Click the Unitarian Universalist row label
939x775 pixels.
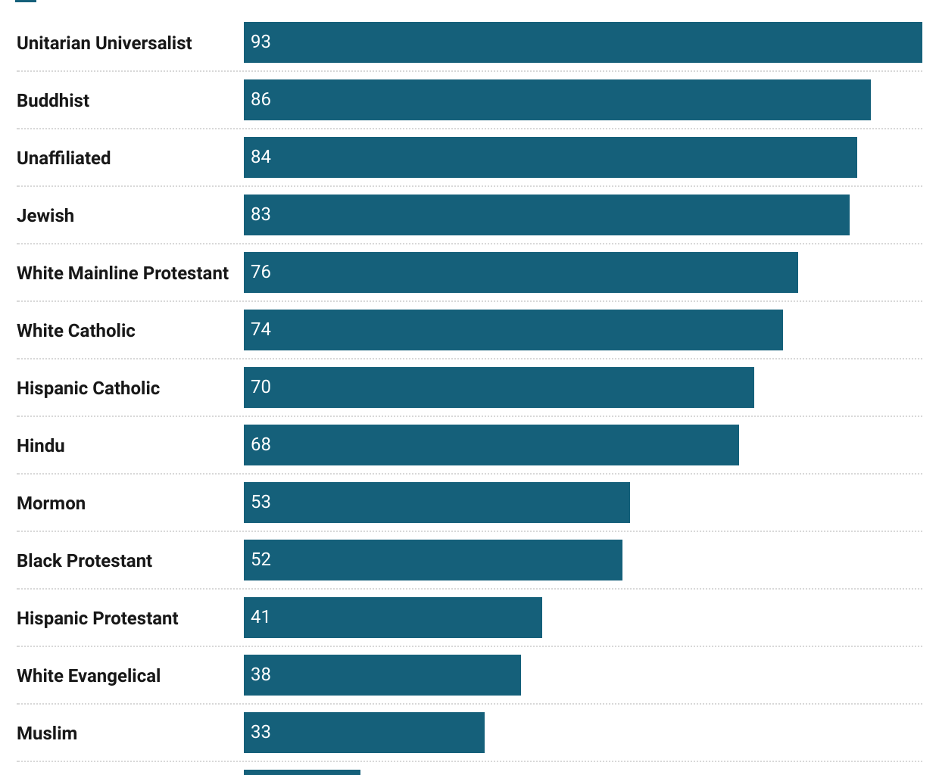click(x=105, y=43)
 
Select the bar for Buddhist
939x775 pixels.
click(x=557, y=100)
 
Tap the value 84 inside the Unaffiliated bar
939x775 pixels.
click(x=260, y=157)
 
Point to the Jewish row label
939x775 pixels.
click(x=45, y=216)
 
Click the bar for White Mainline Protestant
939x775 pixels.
click(x=520, y=272)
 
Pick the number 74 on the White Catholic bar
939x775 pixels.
click(x=260, y=329)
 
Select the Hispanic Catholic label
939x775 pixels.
click(x=88, y=388)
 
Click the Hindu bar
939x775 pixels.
click(x=491, y=445)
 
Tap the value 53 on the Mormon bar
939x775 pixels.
click(x=260, y=502)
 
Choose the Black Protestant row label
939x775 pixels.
click(x=84, y=561)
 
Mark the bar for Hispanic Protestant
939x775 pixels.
click(x=392, y=618)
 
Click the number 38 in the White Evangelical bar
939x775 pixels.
click(x=260, y=674)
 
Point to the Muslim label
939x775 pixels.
click(x=47, y=733)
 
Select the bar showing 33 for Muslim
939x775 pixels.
click(x=363, y=733)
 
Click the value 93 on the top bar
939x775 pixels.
click(x=260, y=42)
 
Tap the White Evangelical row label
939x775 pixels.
click(x=89, y=676)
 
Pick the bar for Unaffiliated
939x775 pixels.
click(x=550, y=157)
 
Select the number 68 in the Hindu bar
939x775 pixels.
click(x=260, y=444)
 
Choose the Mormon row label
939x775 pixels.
click(x=51, y=503)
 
